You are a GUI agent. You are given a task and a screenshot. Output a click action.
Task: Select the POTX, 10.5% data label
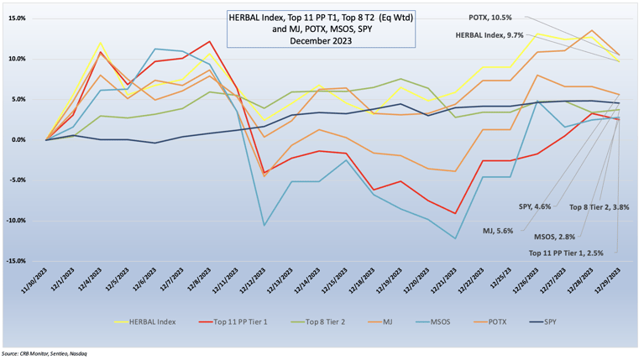(490, 18)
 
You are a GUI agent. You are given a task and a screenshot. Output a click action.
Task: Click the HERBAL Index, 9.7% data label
(490, 35)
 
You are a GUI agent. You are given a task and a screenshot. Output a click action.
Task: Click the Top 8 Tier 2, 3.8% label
(599, 206)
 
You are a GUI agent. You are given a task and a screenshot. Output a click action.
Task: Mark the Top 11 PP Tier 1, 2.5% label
(572, 251)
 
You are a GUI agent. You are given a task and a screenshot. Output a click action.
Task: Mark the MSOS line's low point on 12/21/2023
(456, 238)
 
